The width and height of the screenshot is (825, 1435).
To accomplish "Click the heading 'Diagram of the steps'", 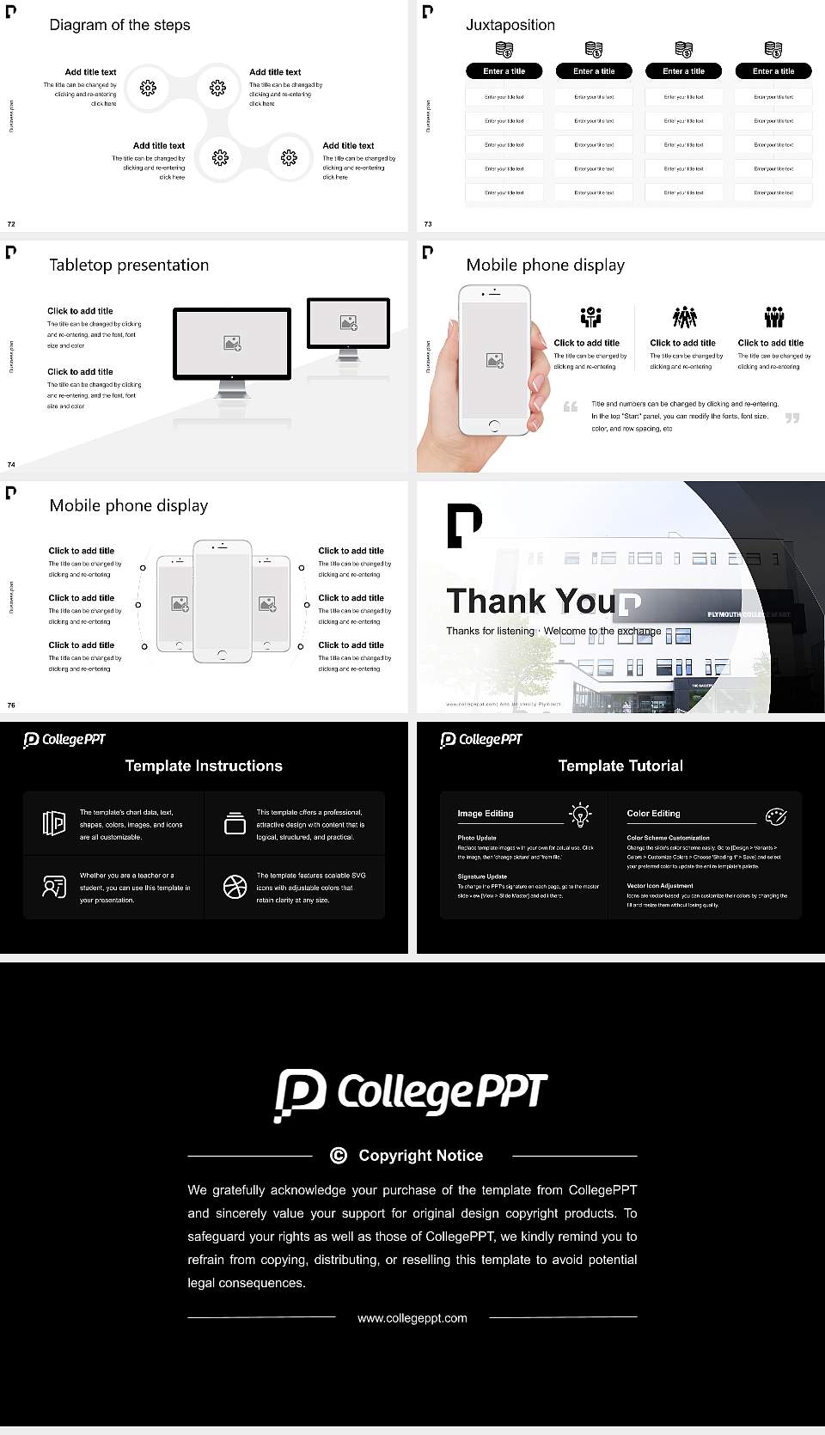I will pos(119,25).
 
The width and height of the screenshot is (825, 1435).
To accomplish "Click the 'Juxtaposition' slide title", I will pos(510,25).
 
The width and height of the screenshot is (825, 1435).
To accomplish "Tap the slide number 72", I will pos(11,223).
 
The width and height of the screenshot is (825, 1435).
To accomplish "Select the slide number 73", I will pos(428,223).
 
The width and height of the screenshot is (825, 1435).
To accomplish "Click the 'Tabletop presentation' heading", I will pos(129,265).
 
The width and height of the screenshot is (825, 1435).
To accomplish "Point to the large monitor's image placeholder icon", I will pos(232,343).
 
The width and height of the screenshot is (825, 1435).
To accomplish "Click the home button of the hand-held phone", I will pos(493,425).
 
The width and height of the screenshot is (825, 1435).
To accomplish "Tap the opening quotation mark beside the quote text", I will pos(570,406).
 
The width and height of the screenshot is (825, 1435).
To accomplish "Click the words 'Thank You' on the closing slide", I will pos(530,601).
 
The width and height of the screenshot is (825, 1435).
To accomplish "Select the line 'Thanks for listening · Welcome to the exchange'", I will pos(553,631).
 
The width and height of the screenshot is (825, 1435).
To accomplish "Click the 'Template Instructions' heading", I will pos(204,766).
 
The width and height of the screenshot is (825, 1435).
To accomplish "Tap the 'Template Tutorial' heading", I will pos(620,766).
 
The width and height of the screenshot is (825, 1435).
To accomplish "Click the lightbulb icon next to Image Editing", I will pos(580,815).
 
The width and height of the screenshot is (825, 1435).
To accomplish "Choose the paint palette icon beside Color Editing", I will pos(775,815).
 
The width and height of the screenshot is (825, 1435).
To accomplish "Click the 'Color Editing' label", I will pos(653,813).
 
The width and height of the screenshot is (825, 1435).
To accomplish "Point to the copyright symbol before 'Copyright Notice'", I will pos(339,1156).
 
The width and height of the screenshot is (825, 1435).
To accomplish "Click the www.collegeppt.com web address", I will pos(412,1318).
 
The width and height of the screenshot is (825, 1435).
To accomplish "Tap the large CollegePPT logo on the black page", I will pos(411,1094).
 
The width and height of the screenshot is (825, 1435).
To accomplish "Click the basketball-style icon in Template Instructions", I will pos(235,887).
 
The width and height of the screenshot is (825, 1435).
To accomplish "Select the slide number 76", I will pos(11,705).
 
